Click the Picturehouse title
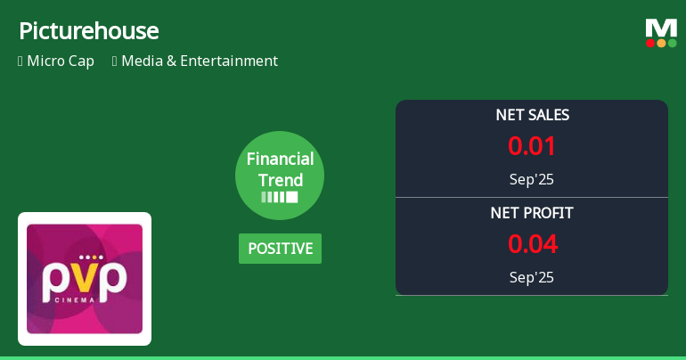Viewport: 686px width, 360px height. (x=89, y=31)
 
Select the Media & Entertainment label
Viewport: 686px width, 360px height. (x=199, y=61)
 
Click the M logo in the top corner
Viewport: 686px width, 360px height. (x=661, y=28)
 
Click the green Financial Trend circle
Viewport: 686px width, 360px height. (x=280, y=176)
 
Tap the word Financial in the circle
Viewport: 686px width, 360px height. (x=280, y=160)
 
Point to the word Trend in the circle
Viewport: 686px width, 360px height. (x=280, y=179)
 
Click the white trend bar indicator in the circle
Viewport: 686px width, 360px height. (x=280, y=197)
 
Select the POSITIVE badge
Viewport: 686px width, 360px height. (x=280, y=249)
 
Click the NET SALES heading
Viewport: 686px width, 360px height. (x=532, y=115)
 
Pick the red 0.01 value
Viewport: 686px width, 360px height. (x=532, y=145)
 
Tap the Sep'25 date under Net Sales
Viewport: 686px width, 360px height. (x=532, y=179)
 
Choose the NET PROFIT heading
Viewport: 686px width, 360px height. (x=532, y=213)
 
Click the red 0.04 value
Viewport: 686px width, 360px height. (x=532, y=243)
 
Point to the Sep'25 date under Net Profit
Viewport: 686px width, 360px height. (x=532, y=277)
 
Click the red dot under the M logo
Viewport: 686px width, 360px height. (x=650, y=43)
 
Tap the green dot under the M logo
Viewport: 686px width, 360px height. (x=672, y=43)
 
